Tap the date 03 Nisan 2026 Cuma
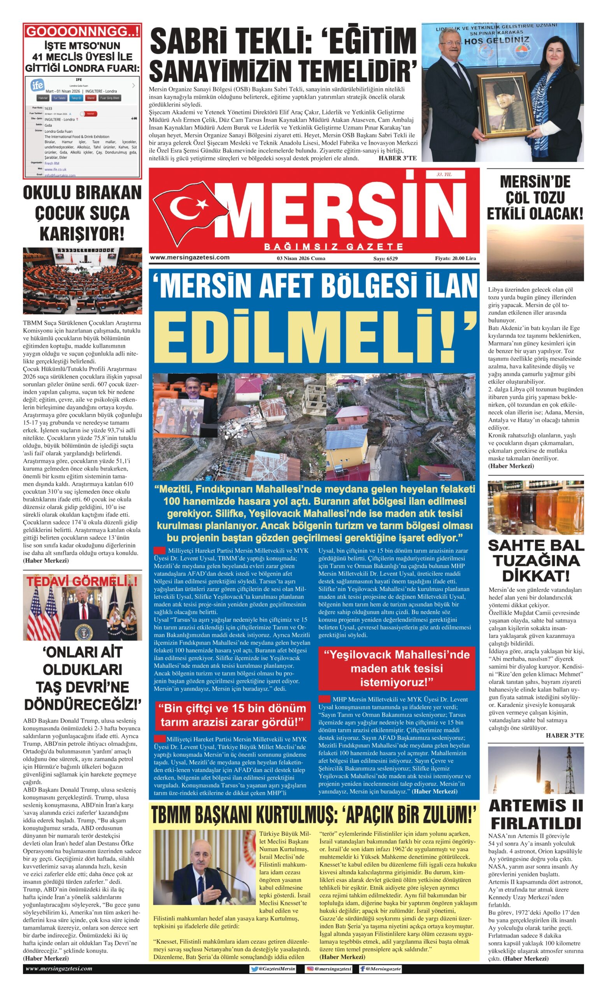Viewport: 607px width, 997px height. (301, 258)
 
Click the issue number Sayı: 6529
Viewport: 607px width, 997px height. (385, 258)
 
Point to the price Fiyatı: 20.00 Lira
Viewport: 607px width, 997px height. (455, 258)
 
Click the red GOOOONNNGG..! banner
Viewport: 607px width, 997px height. (82, 31)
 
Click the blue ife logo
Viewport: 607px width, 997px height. (37, 85)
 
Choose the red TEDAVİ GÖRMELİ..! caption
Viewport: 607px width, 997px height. (82, 581)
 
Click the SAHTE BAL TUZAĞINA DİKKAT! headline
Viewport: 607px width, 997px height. (535, 560)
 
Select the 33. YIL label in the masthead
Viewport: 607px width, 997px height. (444, 174)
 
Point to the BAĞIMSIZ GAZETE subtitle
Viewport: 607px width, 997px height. (333, 247)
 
